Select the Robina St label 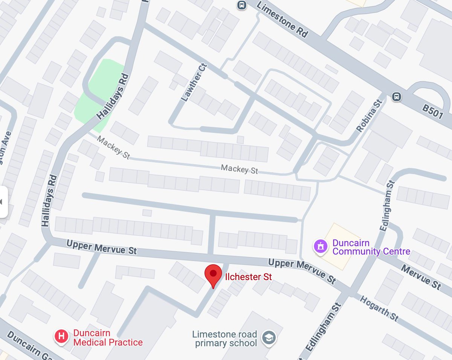(x=369, y=116)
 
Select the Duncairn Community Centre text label (x=371, y=247)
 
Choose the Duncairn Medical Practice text (x=108, y=338)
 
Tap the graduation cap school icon (x=269, y=337)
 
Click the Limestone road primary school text (x=224, y=339)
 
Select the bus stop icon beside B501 (x=396, y=97)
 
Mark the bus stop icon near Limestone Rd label (x=241, y=5)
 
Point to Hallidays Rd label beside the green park (x=113, y=97)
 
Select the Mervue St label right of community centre (x=420, y=277)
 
